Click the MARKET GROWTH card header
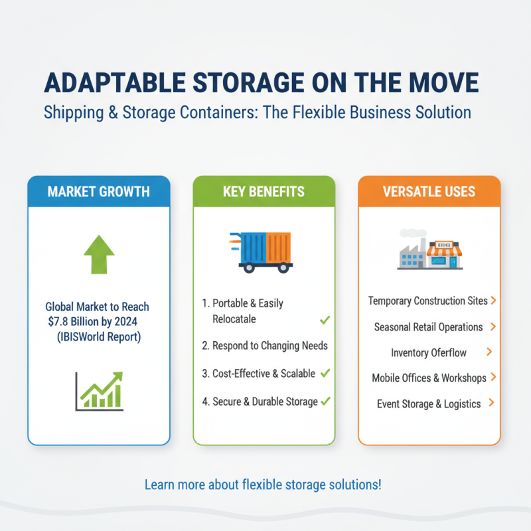99,192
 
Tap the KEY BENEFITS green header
264,192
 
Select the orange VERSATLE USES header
429,192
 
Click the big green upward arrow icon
99,255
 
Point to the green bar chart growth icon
99,390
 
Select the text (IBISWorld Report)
100,337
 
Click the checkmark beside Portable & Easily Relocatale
325,320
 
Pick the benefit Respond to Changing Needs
264,346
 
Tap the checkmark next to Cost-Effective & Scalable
325,373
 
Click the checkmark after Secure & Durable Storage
325,402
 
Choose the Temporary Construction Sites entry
428,301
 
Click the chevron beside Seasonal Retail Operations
493,327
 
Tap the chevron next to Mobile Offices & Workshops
493,378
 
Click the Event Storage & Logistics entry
429,404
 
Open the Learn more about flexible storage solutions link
263,485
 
